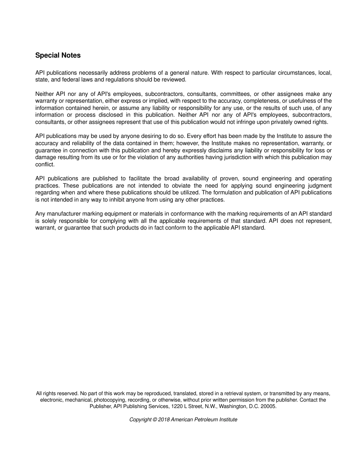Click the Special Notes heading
coord(58,55)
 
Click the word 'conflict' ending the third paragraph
coord(45,164)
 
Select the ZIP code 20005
coord(268,406)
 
